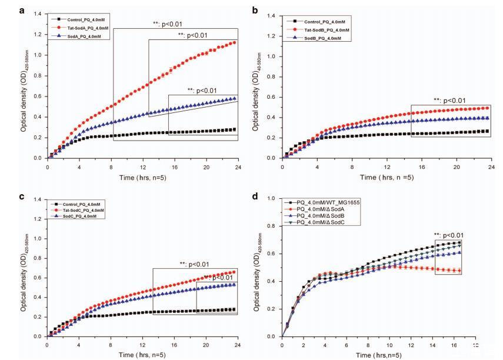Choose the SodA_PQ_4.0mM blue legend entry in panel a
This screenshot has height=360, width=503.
tap(82, 36)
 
